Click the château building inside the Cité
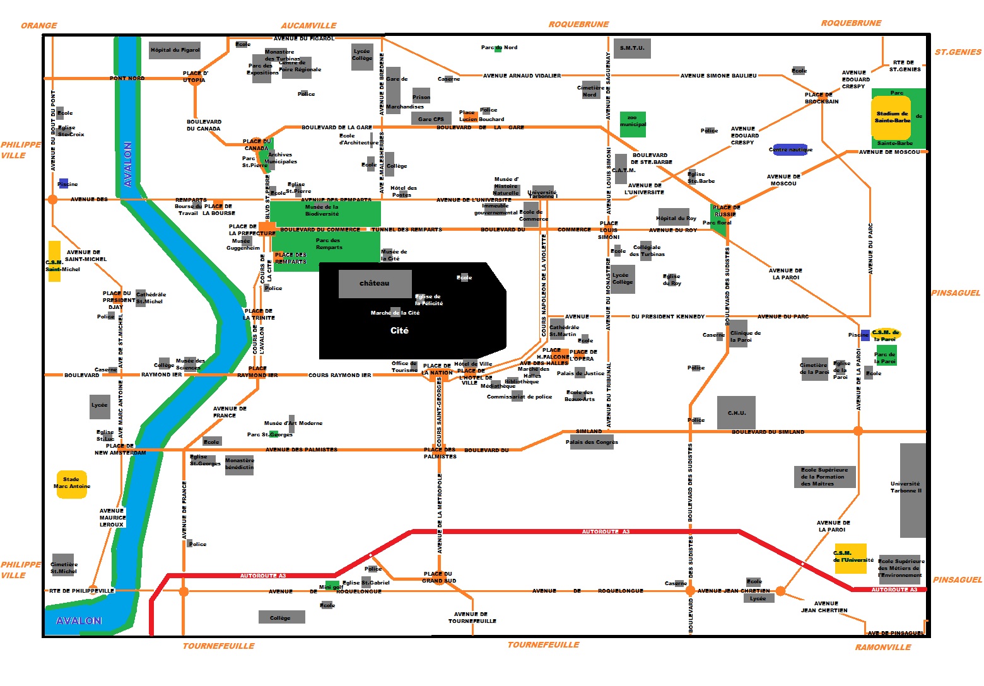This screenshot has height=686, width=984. click(375, 284)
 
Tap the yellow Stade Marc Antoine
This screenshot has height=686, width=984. click(71, 485)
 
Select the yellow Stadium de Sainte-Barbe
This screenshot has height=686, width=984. click(891, 117)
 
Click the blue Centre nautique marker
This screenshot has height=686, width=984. click(790, 149)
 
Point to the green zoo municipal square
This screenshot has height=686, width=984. click(633, 124)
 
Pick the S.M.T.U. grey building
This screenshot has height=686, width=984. click(632, 49)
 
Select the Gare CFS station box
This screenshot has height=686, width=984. click(431, 119)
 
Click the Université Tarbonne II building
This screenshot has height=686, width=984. click(912, 490)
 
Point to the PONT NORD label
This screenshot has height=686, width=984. click(127, 78)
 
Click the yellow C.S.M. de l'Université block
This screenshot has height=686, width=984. click(850, 558)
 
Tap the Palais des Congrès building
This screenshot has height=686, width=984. click(592, 441)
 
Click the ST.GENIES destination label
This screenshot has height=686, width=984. click(958, 52)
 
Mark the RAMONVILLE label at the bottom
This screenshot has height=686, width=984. click(882, 647)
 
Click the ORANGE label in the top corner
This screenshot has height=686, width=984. click(38, 26)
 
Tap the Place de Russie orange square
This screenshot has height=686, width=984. click(726, 211)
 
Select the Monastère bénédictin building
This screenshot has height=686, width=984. click(239, 465)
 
